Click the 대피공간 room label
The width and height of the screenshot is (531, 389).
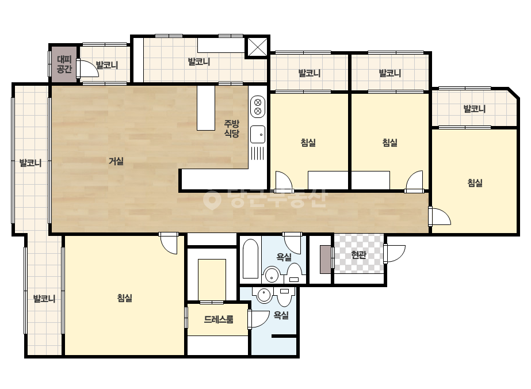click(64, 64)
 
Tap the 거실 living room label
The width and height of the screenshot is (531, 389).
click(116, 161)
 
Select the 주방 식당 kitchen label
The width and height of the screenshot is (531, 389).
click(232, 129)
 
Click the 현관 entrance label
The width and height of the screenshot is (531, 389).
click(358, 254)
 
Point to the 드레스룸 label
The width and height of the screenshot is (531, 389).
click(219, 319)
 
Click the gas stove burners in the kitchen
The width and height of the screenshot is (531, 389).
click(258, 106)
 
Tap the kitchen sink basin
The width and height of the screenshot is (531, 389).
click(258, 135)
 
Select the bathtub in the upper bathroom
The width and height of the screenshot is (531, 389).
click(251, 259)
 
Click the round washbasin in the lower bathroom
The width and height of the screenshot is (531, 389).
click(264, 295)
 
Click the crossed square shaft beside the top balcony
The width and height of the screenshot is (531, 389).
click(257, 47)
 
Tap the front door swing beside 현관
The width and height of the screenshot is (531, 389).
click(395, 253)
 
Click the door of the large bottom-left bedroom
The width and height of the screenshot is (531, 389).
click(169, 243)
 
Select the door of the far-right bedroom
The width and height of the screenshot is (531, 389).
click(440, 216)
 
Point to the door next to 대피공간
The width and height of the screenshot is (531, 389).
click(87, 68)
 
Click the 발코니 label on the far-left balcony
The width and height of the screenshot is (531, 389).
click(30, 163)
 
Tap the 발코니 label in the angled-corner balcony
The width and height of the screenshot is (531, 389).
click(475, 109)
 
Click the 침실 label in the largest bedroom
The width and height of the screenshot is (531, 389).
click(124, 298)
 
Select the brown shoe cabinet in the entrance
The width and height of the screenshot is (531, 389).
click(326, 259)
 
